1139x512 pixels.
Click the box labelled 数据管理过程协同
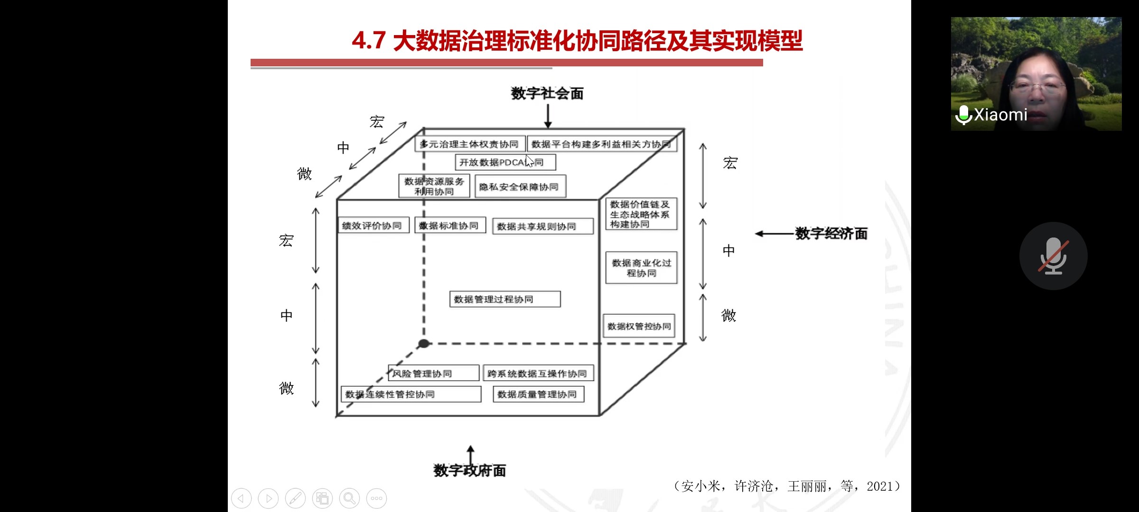505,299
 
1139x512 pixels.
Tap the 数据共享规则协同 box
542,227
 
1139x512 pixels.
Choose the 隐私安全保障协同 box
520,187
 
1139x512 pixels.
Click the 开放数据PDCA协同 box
505,162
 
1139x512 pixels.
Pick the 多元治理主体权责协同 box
469,144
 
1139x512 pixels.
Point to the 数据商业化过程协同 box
641,268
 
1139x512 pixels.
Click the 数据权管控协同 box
639,326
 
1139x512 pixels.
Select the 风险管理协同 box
433,374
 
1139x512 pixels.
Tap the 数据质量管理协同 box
538,394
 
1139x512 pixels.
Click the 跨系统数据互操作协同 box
538,374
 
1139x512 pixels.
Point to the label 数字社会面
547,93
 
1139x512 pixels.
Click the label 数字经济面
831,234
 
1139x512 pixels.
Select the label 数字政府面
469,471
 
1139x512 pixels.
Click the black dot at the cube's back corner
424,343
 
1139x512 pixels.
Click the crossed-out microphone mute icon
1053,256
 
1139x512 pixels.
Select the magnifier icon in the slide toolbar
349,498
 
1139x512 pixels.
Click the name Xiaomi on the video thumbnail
1000,115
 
